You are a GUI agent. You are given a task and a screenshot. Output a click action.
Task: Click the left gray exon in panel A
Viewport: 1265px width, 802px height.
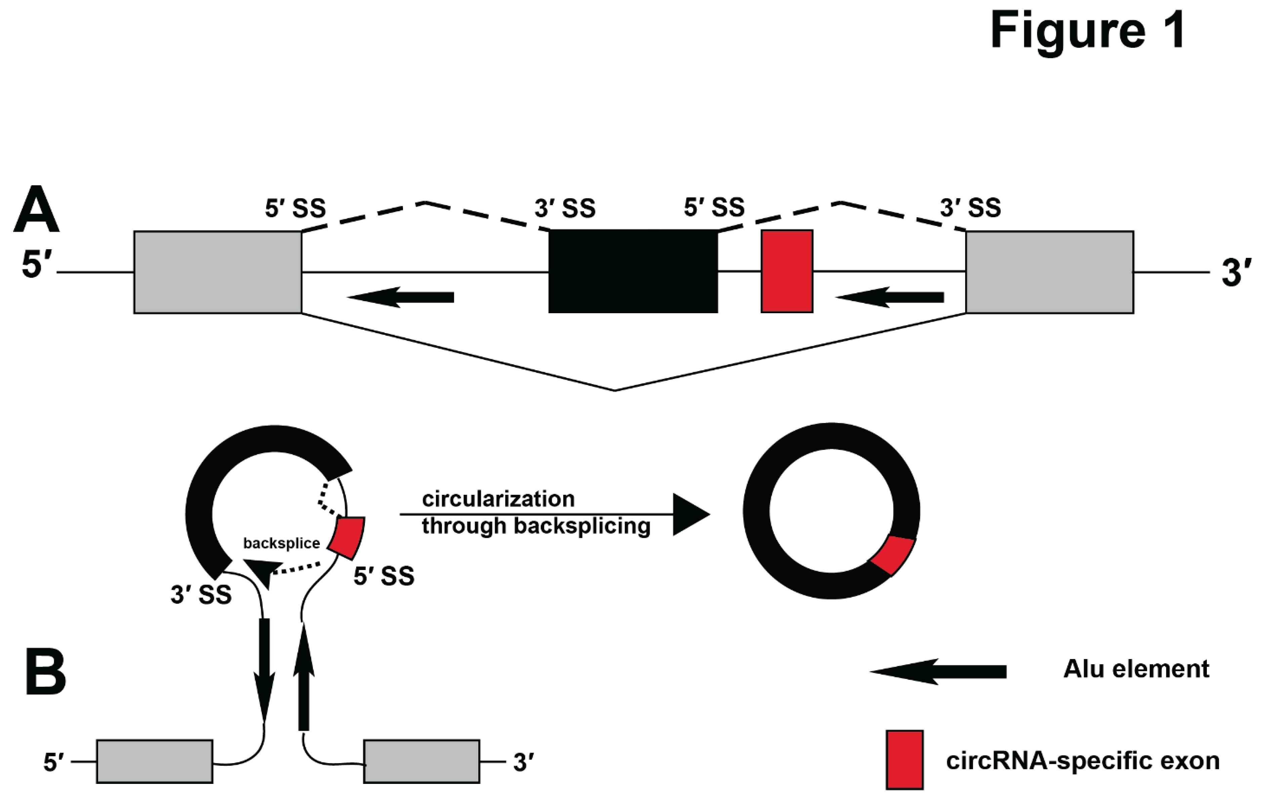pos(217,272)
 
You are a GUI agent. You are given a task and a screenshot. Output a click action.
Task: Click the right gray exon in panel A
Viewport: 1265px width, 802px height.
pos(1049,272)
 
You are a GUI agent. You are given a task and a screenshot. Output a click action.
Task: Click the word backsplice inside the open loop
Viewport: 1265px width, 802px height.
pos(282,543)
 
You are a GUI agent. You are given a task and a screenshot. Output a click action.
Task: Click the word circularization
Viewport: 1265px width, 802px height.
pos(498,499)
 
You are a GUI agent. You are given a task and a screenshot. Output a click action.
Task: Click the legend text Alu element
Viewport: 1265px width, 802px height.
pos(1136,669)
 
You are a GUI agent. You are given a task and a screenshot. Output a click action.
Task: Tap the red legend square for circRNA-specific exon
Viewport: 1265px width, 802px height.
pos(904,759)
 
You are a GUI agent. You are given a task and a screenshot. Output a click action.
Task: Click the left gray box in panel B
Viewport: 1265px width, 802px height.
pos(155,761)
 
